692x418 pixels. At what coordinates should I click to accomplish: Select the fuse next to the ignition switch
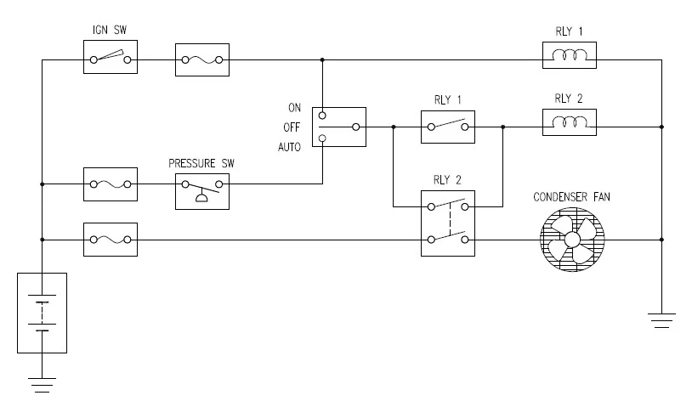point(201,59)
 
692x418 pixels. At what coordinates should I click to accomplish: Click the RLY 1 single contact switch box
point(448,127)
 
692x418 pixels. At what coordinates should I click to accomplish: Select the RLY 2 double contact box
point(448,223)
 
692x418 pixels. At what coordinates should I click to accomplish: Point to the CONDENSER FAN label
point(571,197)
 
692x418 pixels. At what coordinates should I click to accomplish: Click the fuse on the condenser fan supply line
point(111,240)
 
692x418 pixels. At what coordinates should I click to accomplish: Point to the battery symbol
point(42,313)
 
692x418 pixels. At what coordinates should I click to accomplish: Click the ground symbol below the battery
point(42,383)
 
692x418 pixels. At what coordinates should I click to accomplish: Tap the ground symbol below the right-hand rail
point(661,319)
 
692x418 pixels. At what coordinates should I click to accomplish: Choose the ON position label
point(295,108)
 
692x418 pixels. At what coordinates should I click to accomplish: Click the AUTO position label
point(291,145)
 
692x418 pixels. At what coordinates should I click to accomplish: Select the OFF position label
point(293,127)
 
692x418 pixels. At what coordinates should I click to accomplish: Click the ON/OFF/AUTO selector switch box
point(338,127)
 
